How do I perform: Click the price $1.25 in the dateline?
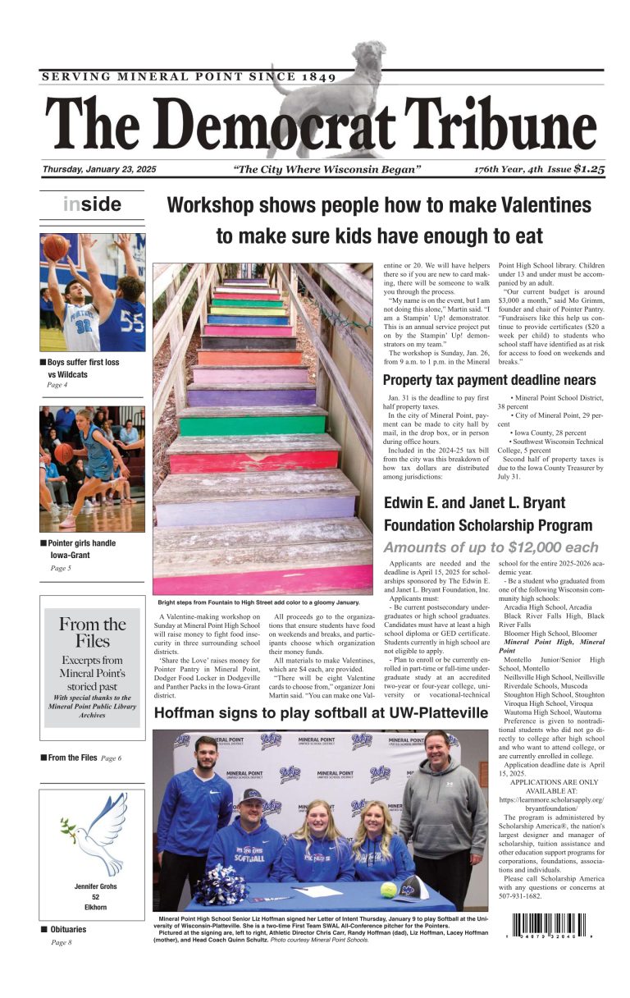(x=590, y=169)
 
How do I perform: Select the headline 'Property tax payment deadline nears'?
(x=490, y=380)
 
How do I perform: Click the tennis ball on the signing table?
(x=389, y=889)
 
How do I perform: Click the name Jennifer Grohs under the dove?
(x=91, y=886)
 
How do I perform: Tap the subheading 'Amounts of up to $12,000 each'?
(x=491, y=547)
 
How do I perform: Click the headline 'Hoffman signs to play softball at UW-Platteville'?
(x=321, y=713)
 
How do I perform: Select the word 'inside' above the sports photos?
(x=92, y=204)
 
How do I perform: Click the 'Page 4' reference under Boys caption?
(x=57, y=385)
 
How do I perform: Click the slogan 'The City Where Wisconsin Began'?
(x=327, y=170)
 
